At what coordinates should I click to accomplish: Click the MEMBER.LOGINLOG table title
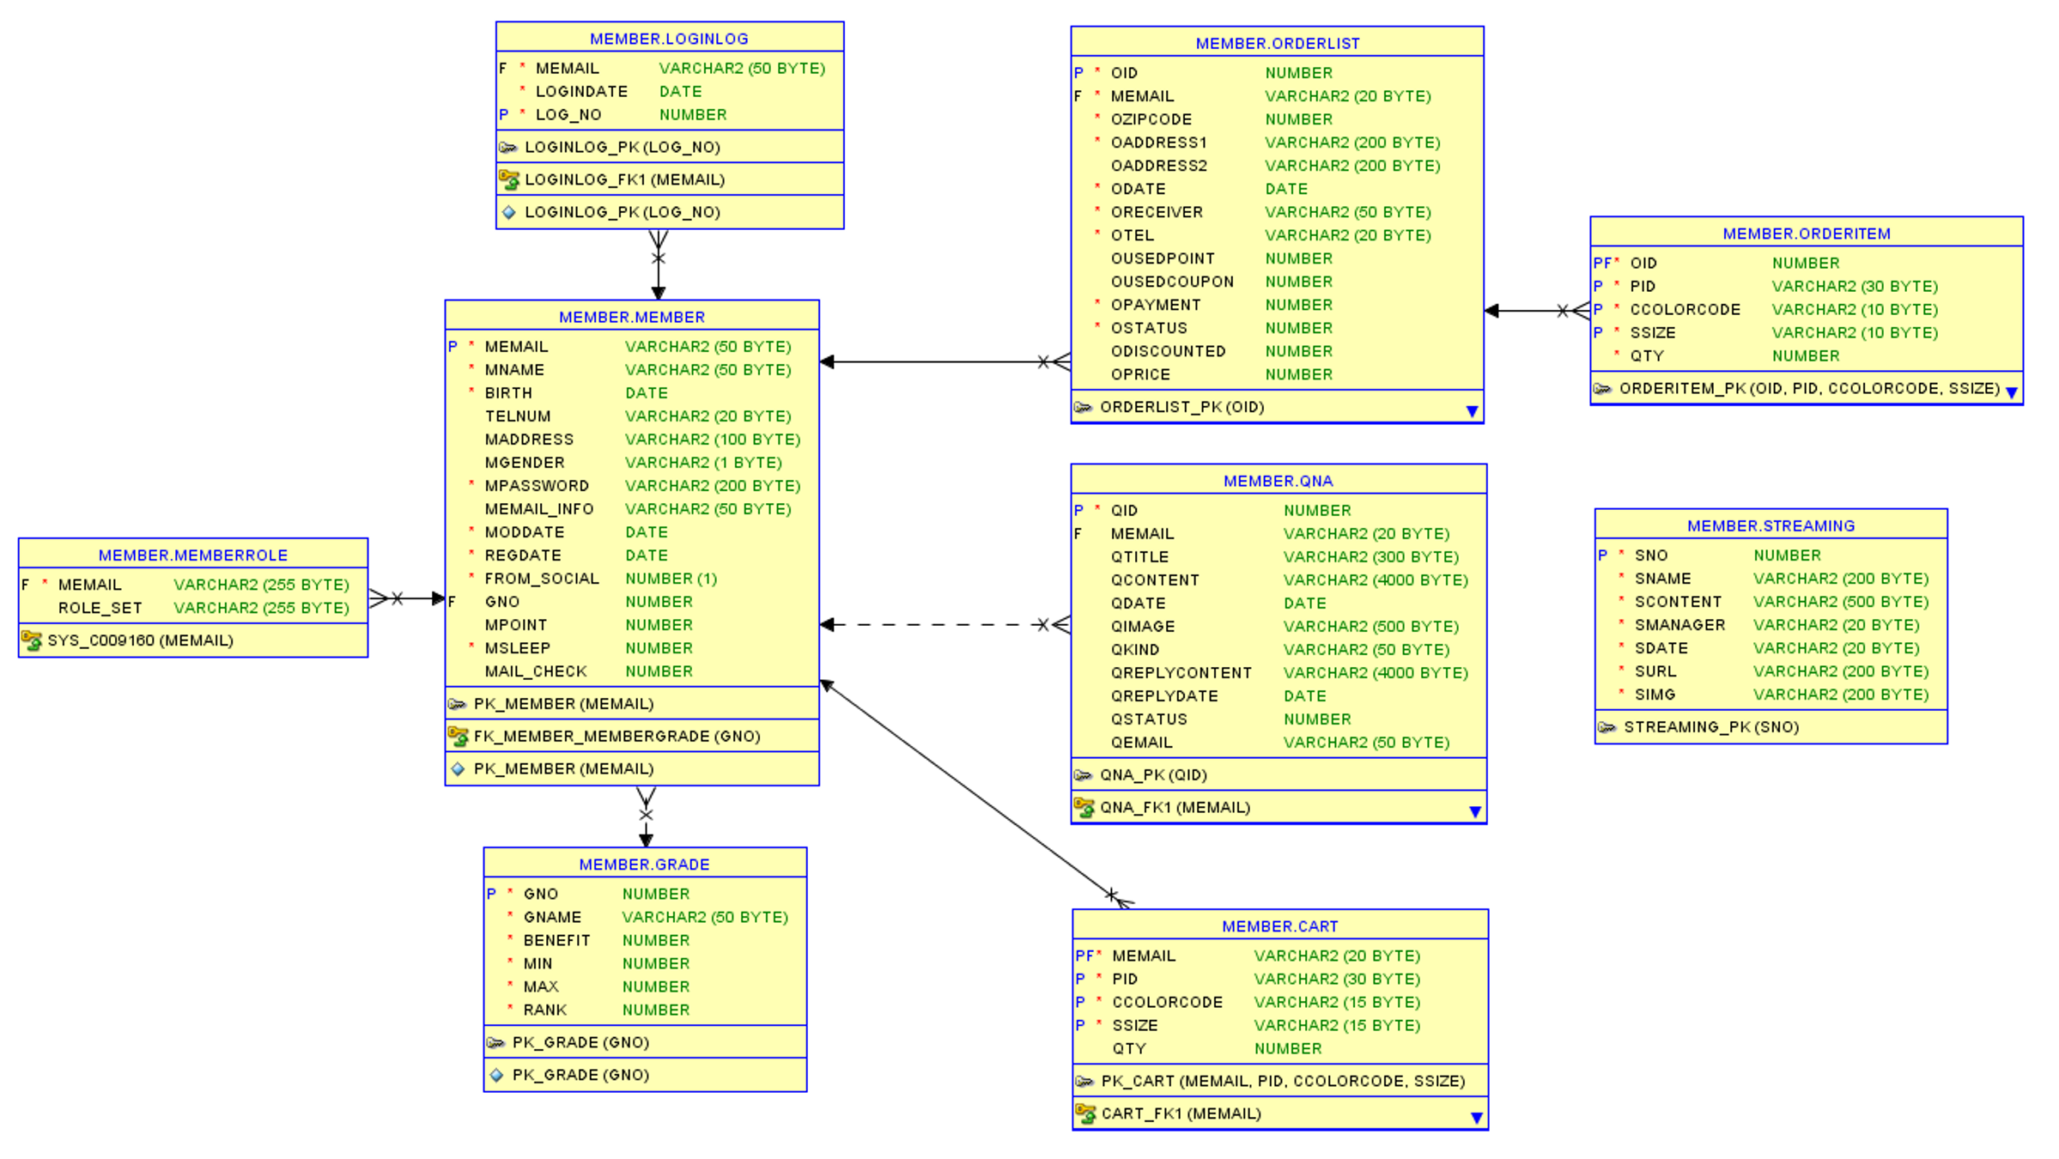click(669, 39)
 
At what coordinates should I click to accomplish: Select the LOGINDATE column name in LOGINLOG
click(581, 91)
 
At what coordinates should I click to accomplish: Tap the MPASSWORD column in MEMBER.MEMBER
click(537, 486)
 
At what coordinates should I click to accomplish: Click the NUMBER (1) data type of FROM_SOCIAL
click(671, 579)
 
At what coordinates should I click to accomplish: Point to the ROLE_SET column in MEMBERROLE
click(100, 608)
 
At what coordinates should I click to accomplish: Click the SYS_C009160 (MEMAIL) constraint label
click(140, 640)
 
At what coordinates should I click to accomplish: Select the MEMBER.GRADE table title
click(644, 865)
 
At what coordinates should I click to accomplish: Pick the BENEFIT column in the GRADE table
click(556, 941)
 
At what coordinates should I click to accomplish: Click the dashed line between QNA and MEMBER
click(936, 625)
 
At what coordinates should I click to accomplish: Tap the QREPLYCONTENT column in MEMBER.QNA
click(1181, 673)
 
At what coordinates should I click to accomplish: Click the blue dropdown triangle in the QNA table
click(1474, 811)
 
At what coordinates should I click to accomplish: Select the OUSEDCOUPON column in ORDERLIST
click(1172, 282)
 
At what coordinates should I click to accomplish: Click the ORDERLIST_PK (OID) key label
click(1181, 407)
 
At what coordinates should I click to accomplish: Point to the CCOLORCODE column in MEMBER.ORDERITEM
click(1685, 310)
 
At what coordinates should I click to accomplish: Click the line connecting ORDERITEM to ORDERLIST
click(1528, 311)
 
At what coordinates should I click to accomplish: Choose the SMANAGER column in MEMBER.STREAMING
click(1679, 625)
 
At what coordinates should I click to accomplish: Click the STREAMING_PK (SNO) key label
click(1710, 727)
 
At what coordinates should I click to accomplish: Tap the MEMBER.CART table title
click(1279, 926)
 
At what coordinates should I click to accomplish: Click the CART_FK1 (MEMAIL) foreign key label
click(1181, 1113)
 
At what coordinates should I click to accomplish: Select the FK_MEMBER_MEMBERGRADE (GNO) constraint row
click(616, 737)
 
